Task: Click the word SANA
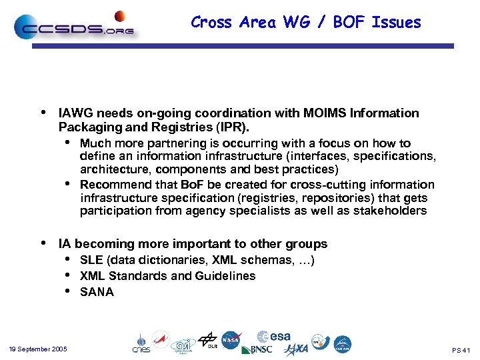(97, 292)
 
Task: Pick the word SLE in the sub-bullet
(91, 260)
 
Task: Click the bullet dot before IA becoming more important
(44, 243)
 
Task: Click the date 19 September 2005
(38, 349)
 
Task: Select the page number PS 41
(461, 350)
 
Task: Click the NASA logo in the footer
(231, 340)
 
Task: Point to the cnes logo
(141, 343)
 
